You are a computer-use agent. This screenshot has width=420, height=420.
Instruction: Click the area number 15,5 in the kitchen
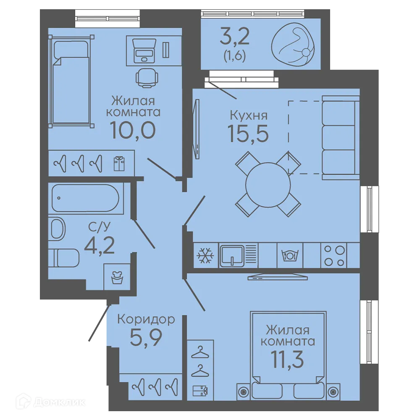(x=248, y=134)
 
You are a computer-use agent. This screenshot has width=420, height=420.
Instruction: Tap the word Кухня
(x=249, y=115)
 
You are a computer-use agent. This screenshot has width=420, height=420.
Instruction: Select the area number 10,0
(x=133, y=131)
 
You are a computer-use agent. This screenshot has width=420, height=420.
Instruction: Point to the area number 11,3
(x=287, y=360)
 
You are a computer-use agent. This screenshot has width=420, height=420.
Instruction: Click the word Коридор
(x=146, y=319)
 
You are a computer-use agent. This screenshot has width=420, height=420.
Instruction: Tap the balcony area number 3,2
(x=234, y=37)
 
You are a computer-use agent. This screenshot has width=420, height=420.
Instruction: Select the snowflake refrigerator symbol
(x=205, y=255)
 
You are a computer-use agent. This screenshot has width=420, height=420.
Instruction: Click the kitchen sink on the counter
(x=232, y=255)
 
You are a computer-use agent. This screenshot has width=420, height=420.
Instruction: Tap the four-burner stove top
(x=334, y=255)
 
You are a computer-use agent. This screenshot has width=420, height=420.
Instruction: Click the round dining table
(x=268, y=184)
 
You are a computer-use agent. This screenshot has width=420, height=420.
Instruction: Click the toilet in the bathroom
(x=64, y=258)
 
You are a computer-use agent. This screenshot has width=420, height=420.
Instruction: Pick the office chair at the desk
(x=146, y=78)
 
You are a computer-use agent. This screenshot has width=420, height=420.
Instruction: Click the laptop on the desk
(x=144, y=50)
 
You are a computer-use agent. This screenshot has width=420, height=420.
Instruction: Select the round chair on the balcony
(x=293, y=44)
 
